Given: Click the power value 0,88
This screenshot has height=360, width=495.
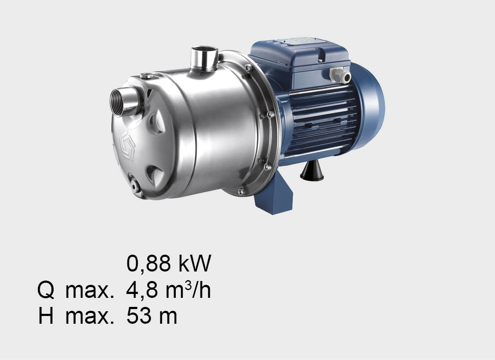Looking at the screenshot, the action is [x=149, y=263].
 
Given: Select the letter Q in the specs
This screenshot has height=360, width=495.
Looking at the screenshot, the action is [x=46, y=290].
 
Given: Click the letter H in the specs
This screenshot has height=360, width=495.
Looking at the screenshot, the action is [x=46, y=316].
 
